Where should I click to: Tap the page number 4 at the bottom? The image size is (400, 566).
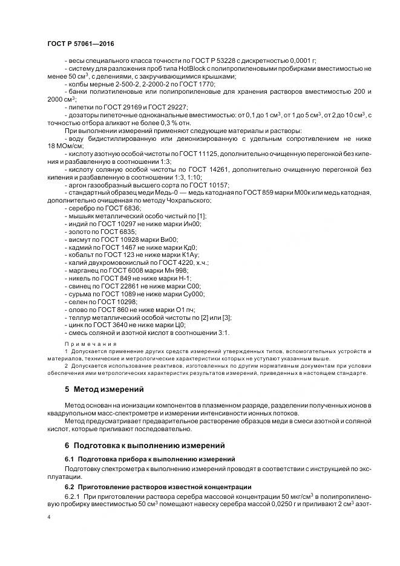point(49,518)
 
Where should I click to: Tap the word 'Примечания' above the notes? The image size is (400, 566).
point(82,342)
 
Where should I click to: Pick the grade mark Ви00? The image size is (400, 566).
point(167,239)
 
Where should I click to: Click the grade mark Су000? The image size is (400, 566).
point(194,294)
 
